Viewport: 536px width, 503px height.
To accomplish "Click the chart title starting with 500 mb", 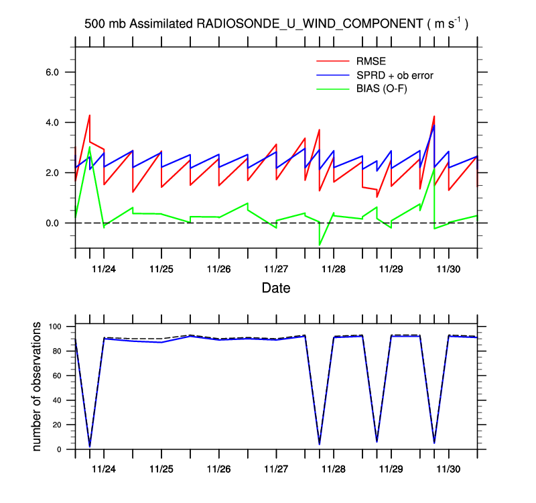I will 275,23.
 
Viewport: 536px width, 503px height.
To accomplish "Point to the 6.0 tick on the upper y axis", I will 52,72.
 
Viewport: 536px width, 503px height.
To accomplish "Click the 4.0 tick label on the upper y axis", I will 52,123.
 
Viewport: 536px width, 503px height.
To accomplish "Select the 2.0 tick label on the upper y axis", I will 52,173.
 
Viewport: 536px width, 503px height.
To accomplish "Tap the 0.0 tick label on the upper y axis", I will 52,223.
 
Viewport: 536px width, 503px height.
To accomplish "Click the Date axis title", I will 275,289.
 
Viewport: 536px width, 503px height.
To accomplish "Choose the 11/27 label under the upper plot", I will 276,269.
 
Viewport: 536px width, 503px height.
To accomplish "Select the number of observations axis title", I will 38,386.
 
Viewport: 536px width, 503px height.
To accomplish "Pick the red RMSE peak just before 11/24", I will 90,115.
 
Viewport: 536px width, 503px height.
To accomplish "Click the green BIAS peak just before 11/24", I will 90,147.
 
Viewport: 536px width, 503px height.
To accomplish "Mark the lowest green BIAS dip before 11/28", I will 320,245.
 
